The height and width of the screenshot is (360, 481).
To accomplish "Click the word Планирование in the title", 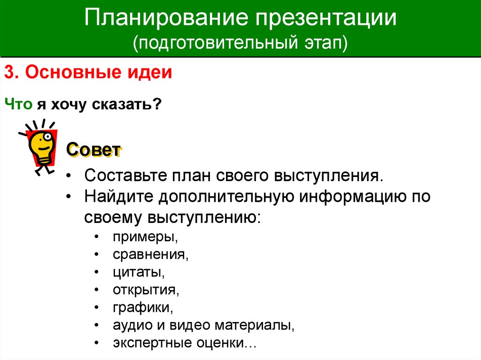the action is coord(166,17).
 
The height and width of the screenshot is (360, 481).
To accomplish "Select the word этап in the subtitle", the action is coord(326,43).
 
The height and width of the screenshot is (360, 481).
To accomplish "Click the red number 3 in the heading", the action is coord(10,72).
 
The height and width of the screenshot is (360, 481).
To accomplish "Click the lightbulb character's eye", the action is coord(47,137).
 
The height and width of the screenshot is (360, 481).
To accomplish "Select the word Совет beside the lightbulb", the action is coord(93,150).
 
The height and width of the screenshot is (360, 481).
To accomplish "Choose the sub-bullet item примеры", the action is coord(145,237).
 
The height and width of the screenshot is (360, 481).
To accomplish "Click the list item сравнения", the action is coord(151,254).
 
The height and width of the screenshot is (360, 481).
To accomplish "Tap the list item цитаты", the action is coord(139,272).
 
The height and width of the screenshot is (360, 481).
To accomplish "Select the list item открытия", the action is coord(146,290).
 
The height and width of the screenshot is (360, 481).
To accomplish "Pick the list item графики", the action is coord(143,307).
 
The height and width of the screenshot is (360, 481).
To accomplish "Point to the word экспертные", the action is coord(152,343).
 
